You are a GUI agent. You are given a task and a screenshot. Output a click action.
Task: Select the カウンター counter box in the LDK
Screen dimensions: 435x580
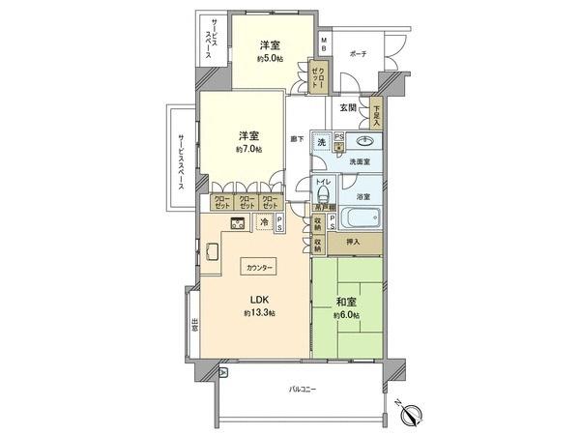click(260, 266)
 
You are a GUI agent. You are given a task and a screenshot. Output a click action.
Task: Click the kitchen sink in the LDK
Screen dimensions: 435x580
click(212, 255)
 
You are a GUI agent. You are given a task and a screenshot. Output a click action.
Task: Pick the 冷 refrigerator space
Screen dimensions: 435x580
click(263, 222)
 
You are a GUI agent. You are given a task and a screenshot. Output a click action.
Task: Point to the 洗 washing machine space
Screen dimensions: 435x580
click(320, 142)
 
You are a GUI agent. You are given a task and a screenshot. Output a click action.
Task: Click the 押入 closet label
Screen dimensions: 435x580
click(355, 243)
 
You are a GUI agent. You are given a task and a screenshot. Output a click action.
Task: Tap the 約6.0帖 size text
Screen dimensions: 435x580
click(347, 315)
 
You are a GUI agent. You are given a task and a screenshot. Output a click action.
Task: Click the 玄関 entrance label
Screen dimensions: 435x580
click(349, 108)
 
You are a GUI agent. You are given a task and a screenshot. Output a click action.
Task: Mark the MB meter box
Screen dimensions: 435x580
click(325, 43)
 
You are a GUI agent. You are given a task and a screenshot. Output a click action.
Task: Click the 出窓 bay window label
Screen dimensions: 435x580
click(194, 325)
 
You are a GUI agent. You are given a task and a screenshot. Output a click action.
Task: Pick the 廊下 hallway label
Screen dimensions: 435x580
click(298, 139)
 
